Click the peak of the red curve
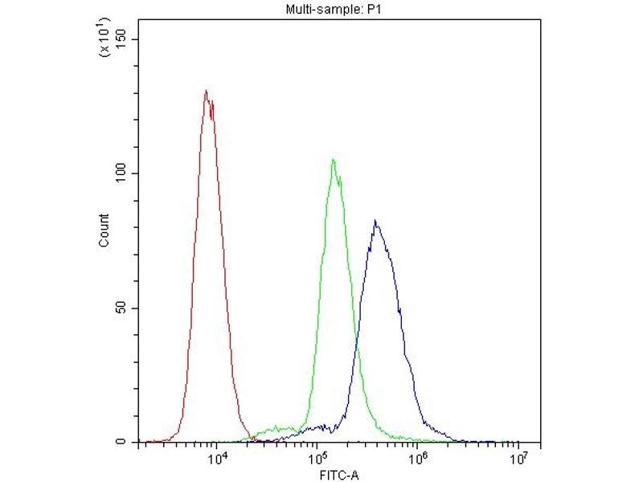[207, 91]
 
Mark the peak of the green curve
[333, 160]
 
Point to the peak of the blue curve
[375, 221]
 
